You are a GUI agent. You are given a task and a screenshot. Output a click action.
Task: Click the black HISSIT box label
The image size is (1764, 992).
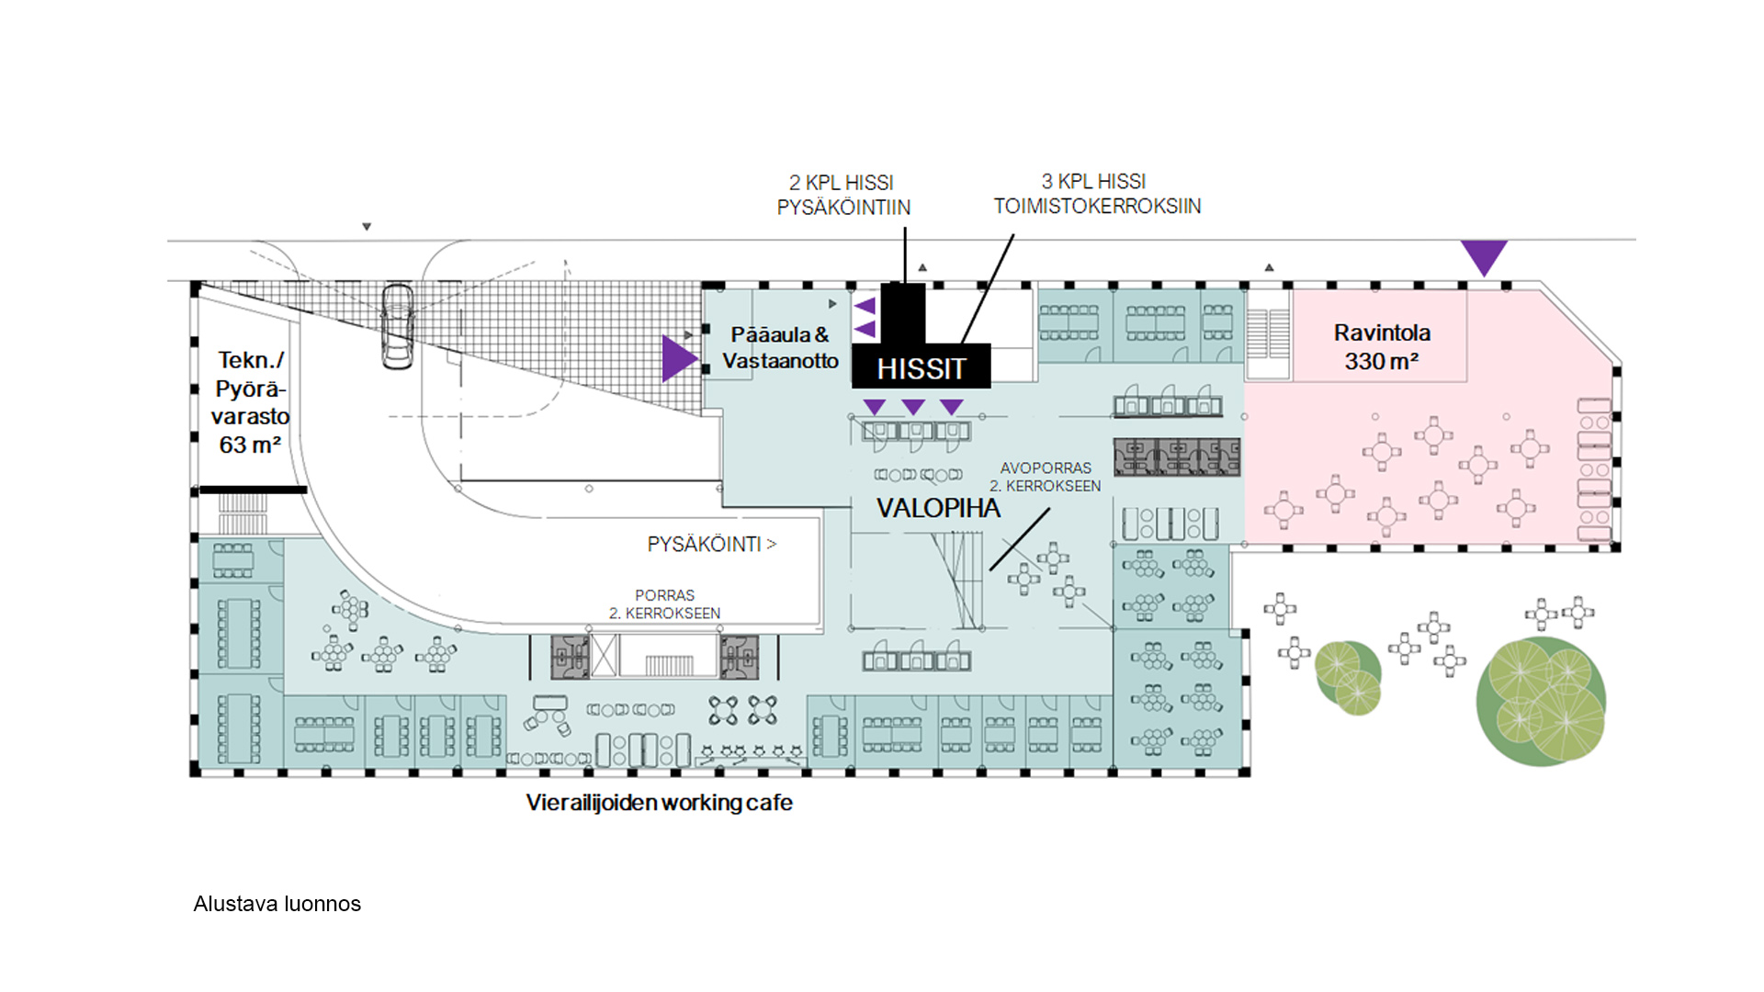click(921, 367)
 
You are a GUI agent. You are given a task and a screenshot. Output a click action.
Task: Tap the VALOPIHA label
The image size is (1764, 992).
click(938, 508)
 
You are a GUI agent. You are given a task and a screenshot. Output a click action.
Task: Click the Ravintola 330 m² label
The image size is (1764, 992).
click(1382, 347)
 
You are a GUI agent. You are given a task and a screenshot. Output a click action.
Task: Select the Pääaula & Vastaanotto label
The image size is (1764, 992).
click(780, 348)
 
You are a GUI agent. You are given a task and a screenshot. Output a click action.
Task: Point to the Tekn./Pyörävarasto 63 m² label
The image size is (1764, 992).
click(249, 402)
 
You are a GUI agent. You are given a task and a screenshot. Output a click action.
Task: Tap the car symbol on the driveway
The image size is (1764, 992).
click(398, 327)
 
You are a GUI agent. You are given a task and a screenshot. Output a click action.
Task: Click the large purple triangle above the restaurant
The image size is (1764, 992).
click(1484, 255)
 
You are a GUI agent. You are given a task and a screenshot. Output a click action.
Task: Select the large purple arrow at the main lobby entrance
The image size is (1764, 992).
click(678, 358)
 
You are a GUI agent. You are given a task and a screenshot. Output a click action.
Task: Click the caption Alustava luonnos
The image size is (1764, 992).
click(277, 904)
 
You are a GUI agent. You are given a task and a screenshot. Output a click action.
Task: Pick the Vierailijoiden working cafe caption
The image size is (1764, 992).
click(659, 803)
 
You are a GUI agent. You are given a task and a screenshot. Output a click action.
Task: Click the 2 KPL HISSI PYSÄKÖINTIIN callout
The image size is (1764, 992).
click(843, 196)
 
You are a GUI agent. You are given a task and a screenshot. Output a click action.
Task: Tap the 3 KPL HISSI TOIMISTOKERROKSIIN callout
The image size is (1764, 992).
click(1097, 194)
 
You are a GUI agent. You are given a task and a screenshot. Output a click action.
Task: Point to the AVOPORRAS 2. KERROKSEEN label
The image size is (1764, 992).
click(1046, 477)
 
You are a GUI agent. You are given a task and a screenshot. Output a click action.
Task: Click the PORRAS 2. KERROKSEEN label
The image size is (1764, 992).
click(664, 604)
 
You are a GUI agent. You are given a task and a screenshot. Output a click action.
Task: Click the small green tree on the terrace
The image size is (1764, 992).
click(1348, 677)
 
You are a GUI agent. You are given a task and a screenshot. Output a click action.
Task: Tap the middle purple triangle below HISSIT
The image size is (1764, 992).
click(913, 406)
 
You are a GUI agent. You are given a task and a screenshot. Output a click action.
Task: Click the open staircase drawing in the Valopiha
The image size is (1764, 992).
click(957, 579)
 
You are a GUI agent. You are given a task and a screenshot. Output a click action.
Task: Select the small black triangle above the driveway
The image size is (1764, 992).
click(367, 227)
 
